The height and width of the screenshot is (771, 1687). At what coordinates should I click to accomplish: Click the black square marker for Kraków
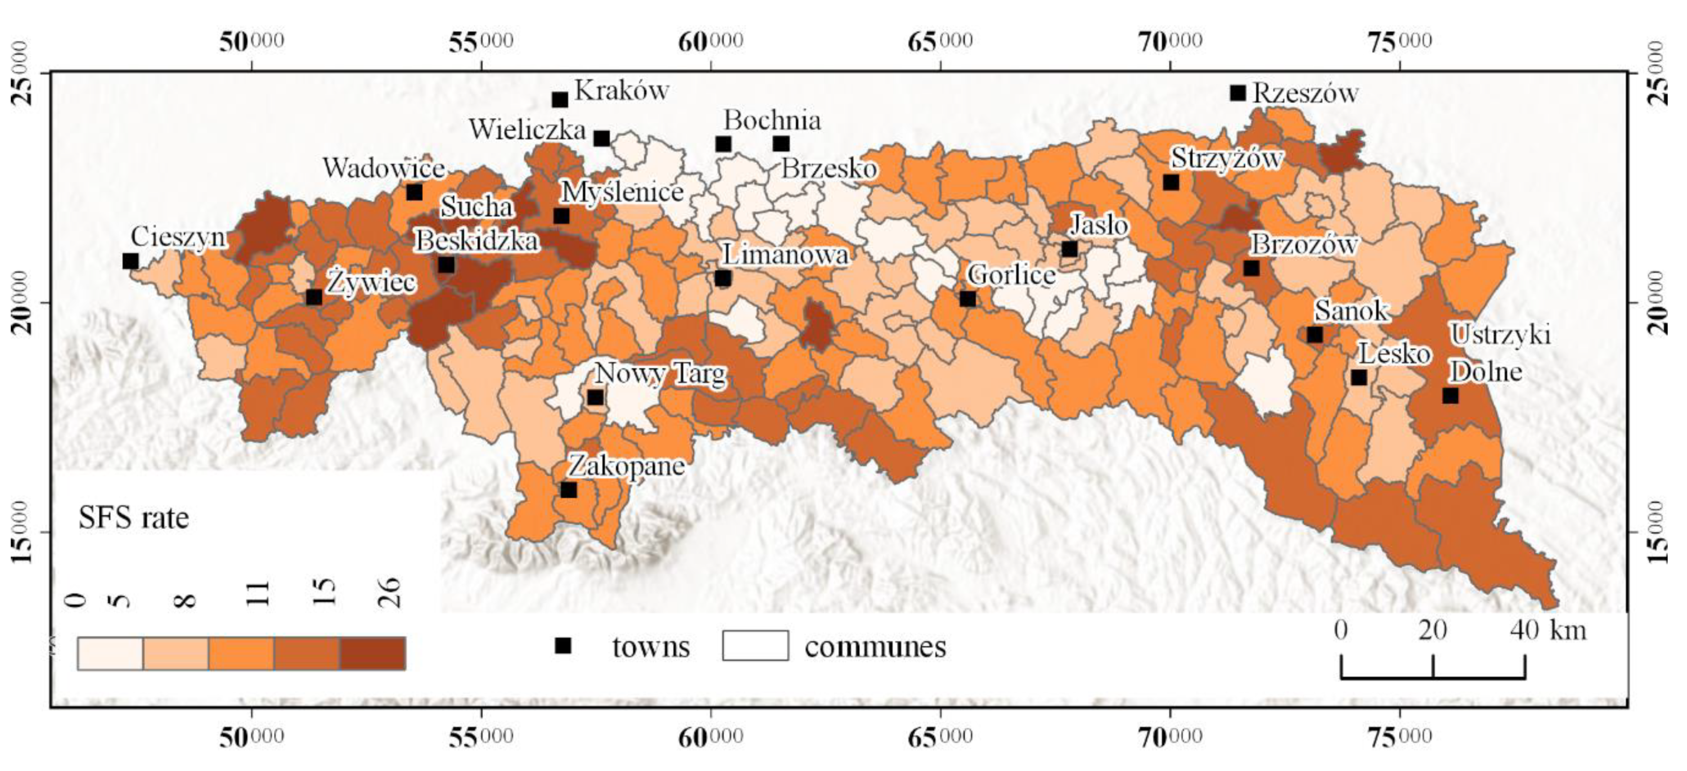(x=560, y=99)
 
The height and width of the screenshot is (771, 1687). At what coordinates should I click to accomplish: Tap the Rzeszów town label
(x=1305, y=94)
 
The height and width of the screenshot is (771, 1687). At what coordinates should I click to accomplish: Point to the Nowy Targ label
(x=660, y=374)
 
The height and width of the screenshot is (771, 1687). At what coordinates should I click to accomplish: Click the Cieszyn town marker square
(x=130, y=260)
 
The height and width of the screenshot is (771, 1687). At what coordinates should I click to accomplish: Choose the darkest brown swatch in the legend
(x=372, y=653)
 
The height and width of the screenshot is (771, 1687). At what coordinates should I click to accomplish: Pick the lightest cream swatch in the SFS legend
(x=110, y=653)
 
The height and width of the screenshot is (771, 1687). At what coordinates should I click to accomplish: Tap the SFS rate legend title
(x=134, y=518)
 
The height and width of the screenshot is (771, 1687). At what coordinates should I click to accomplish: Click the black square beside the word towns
(x=563, y=646)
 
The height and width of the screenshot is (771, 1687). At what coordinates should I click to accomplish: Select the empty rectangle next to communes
(x=755, y=645)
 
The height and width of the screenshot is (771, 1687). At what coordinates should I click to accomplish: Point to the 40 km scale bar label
(x=1548, y=630)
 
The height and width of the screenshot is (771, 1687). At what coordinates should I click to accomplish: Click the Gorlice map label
(x=1011, y=275)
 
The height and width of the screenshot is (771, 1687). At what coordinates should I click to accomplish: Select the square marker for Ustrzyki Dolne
(x=1450, y=395)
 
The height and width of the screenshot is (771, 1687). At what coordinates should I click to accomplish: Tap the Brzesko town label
(x=829, y=169)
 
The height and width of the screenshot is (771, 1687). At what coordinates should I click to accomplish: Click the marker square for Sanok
(x=1315, y=334)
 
